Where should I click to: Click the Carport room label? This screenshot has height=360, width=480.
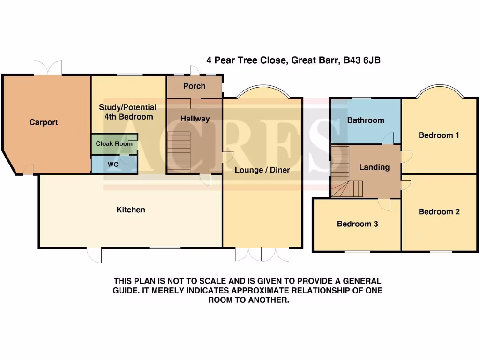44,122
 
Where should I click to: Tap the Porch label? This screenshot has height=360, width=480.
194,86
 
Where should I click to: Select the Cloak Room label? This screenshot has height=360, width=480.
114,143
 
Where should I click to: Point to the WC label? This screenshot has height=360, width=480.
113,165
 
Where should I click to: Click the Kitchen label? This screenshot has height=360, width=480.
131,210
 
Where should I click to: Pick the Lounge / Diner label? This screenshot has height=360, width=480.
262,170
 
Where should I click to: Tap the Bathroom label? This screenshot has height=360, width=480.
366,120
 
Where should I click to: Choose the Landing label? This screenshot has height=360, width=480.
374,167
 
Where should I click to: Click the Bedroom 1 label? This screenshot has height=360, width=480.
439,135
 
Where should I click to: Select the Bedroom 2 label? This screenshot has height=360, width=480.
439,211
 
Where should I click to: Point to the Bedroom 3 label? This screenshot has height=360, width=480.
357,224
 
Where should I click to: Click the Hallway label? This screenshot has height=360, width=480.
195,119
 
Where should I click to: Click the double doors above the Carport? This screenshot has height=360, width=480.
47,67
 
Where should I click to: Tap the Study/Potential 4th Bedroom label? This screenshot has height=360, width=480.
127,112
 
